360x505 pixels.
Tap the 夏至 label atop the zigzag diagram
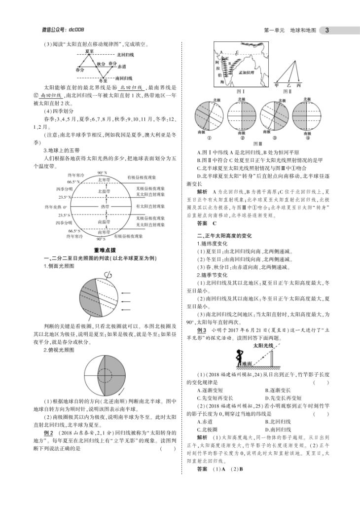(89, 51)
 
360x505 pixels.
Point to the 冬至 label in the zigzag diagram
(103, 80)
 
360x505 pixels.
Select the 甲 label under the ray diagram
(276, 85)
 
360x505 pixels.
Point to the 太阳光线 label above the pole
(263, 346)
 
